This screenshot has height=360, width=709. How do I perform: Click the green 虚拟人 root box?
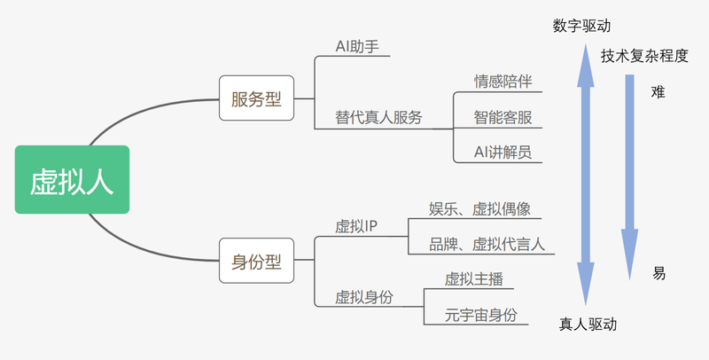pyautogui.click(x=72, y=179)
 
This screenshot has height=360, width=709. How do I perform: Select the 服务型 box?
pyautogui.click(x=256, y=98)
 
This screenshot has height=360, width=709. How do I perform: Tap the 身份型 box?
pyautogui.click(x=256, y=261)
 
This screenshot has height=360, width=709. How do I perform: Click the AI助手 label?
pyautogui.click(x=357, y=47)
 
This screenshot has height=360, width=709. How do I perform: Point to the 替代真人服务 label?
pyautogui.click(x=378, y=118)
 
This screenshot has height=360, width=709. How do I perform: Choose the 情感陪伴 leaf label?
pyautogui.click(x=503, y=82)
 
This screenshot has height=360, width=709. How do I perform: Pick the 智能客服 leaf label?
pyautogui.click(x=503, y=118)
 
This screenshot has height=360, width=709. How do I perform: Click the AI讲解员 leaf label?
pyautogui.click(x=503, y=152)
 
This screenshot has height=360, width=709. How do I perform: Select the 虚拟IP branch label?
pyautogui.click(x=356, y=226)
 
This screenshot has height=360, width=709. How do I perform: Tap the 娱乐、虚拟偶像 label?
pyautogui.click(x=479, y=209)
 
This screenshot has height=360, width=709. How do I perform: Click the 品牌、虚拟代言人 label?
pyautogui.click(x=487, y=244)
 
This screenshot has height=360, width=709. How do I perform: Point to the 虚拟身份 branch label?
pyautogui.click(x=364, y=297)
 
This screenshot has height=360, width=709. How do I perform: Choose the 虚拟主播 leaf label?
pyautogui.click(x=474, y=279)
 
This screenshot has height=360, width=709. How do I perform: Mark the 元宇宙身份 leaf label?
pyautogui.click(x=480, y=315)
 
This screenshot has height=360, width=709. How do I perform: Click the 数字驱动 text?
pyautogui.click(x=581, y=26)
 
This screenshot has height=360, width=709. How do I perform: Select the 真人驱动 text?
pyautogui.click(x=588, y=325)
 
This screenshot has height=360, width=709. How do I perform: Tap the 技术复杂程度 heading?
pyautogui.click(x=644, y=56)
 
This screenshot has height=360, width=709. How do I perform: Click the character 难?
pyautogui.click(x=658, y=92)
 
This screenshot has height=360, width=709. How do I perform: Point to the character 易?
pyautogui.click(x=658, y=273)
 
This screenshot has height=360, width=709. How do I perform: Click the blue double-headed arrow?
pyautogui.click(x=586, y=175)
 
